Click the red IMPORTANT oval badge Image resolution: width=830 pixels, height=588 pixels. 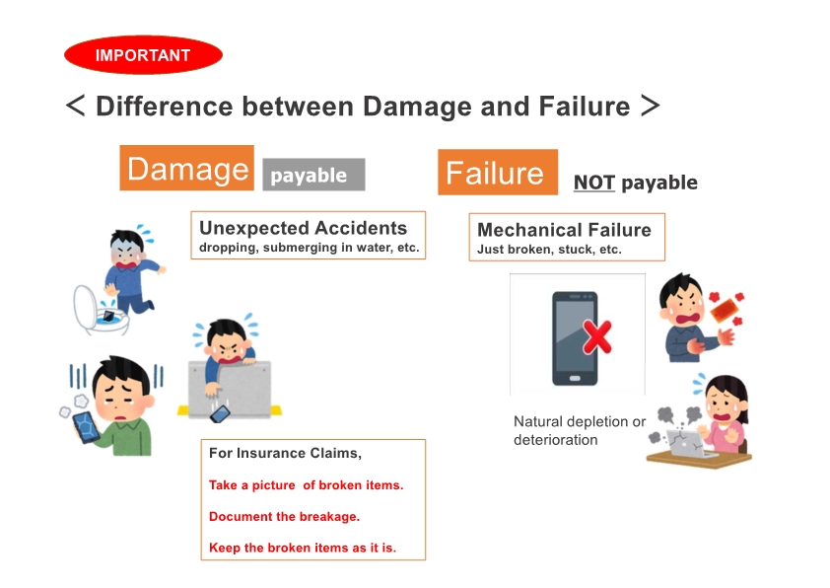(x=143, y=54)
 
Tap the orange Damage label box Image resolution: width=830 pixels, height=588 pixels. (x=187, y=168)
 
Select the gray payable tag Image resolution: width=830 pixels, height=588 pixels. (x=313, y=175)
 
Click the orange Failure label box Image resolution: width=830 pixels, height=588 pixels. (x=498, y=173)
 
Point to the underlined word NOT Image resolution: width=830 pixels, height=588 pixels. (x=594, y=183)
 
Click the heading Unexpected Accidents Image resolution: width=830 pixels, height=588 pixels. (x=304, y=228)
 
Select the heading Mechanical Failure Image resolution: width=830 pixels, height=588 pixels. (x=564, y=230)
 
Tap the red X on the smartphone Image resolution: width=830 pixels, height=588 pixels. (x=597, y=336)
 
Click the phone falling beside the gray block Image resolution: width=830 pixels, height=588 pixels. (x=220, y=414)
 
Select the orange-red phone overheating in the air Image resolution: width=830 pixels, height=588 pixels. (x=725, y=311)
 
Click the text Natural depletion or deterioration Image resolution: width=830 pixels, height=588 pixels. (x=580, y=431)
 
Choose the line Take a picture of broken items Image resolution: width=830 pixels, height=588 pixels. (x=306, y=485)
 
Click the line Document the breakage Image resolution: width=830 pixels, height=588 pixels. (x=284, y=517)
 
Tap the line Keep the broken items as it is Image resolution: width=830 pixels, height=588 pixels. (x=303, y=548)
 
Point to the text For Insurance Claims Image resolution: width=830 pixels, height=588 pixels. (x=285, y=454)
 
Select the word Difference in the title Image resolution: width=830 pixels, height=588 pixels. (x=164, y=107)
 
